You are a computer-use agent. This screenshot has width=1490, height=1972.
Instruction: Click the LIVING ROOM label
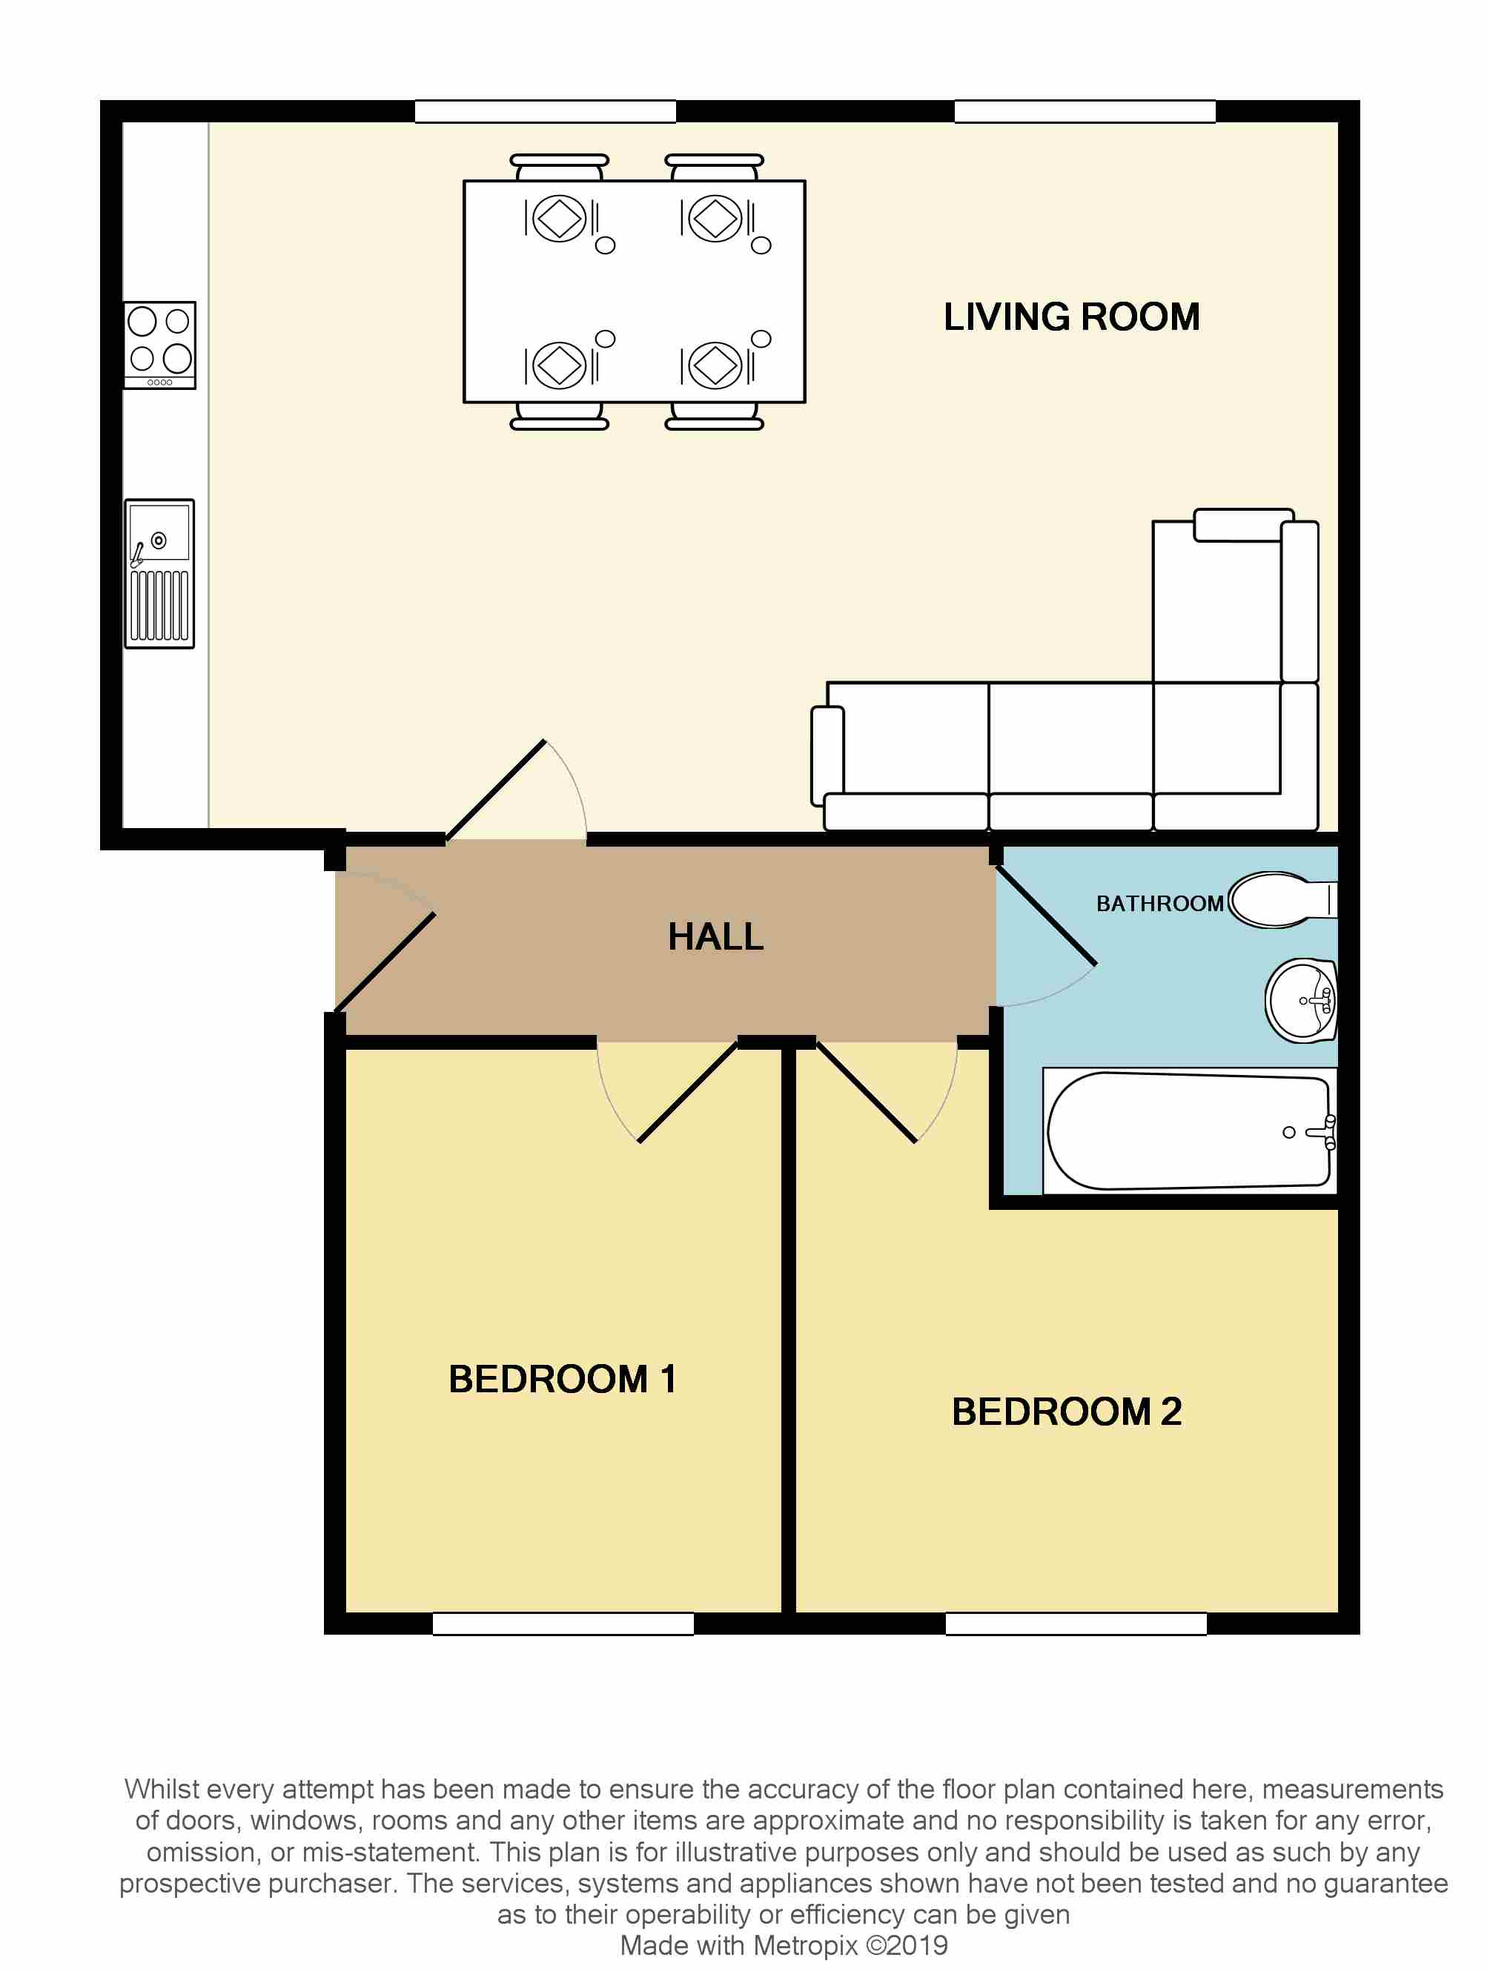coord(1071,317)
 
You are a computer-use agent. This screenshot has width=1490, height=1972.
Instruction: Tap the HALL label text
coord(716,937)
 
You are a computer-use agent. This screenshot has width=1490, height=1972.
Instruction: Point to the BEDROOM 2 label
coord(1067,1412)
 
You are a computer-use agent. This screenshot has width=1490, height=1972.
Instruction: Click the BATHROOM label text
coord(1159,904)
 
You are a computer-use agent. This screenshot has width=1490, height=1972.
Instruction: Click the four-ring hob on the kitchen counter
coord(159,345)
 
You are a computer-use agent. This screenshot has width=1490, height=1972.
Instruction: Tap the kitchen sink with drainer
coord(159,573)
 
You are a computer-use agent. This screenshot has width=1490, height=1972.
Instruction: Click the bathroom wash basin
coord(1302,1001)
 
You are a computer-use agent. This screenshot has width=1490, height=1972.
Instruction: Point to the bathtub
coord(1188,1131)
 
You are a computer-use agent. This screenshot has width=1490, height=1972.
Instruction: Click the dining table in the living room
coord(634,291)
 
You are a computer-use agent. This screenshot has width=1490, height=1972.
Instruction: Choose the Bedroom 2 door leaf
coord(867,1092)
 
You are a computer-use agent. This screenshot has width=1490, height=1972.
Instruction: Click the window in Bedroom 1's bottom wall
coord(563,1624)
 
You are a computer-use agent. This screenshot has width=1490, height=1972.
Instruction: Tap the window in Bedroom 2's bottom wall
coord(1076,1624)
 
